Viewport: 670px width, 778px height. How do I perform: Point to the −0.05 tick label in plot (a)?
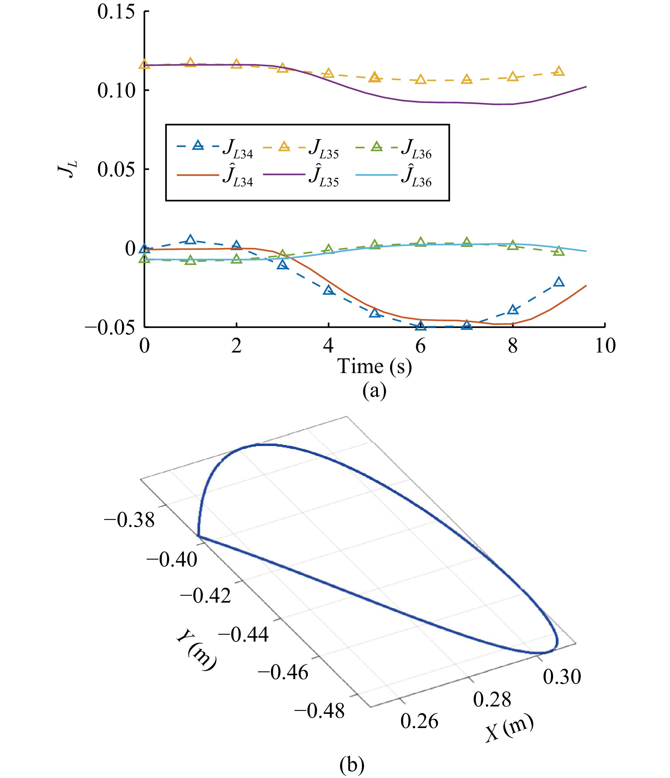(x=110, y=328)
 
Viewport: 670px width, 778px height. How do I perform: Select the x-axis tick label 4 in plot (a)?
(x=328, y=346)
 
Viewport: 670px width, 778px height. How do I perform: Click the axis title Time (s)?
(x=375, y=366)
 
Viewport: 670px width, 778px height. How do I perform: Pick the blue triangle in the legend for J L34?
(x=198, y=146)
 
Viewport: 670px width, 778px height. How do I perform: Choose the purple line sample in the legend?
(x=284, y=175)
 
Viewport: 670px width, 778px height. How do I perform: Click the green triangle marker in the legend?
(x=376, y=146)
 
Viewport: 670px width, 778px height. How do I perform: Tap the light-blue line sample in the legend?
(x=376, y=175)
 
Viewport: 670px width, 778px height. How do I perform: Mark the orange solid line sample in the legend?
(x=198, y=175)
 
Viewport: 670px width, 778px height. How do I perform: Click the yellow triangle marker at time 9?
(x=559, y=71)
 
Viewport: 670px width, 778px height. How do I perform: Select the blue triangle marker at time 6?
(x=421, y=326)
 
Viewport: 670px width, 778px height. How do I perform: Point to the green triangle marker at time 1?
(x=190, y=260)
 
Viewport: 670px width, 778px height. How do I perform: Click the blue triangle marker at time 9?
(x=559, y=282)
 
